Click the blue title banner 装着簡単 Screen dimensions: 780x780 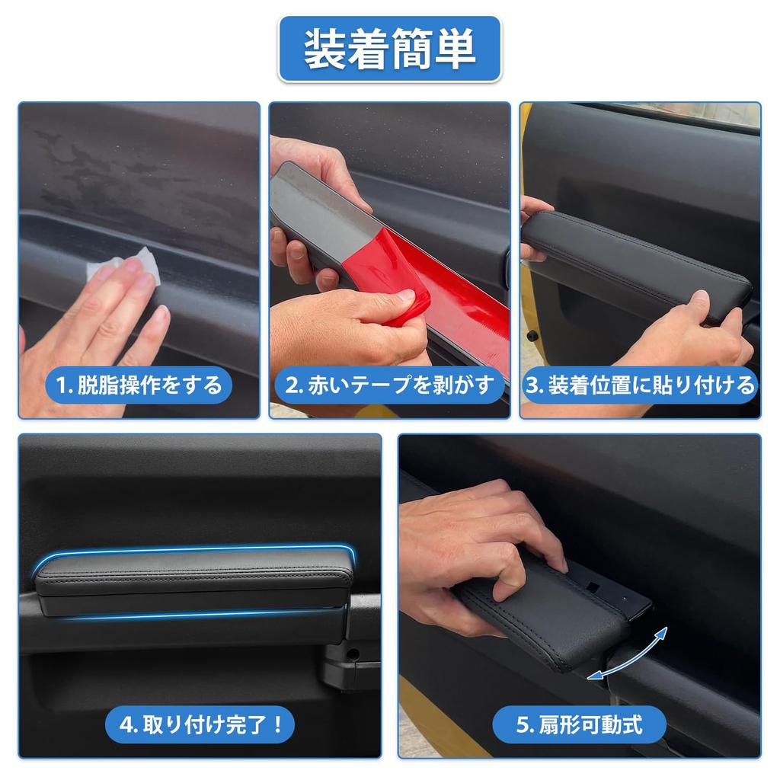389,50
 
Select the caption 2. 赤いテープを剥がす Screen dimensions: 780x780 388,385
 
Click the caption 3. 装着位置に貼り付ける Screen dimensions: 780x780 640,385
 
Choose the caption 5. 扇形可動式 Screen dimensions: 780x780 579,724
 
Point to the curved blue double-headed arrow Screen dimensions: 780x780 629,654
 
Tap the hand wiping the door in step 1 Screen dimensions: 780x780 99,320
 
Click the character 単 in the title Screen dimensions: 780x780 456,50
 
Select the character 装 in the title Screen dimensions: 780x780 323,50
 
